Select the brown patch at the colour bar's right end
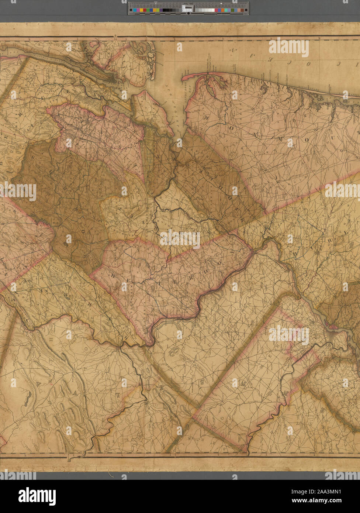click(x=242, y=10)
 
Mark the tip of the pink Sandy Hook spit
click(x=183, y=78)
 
